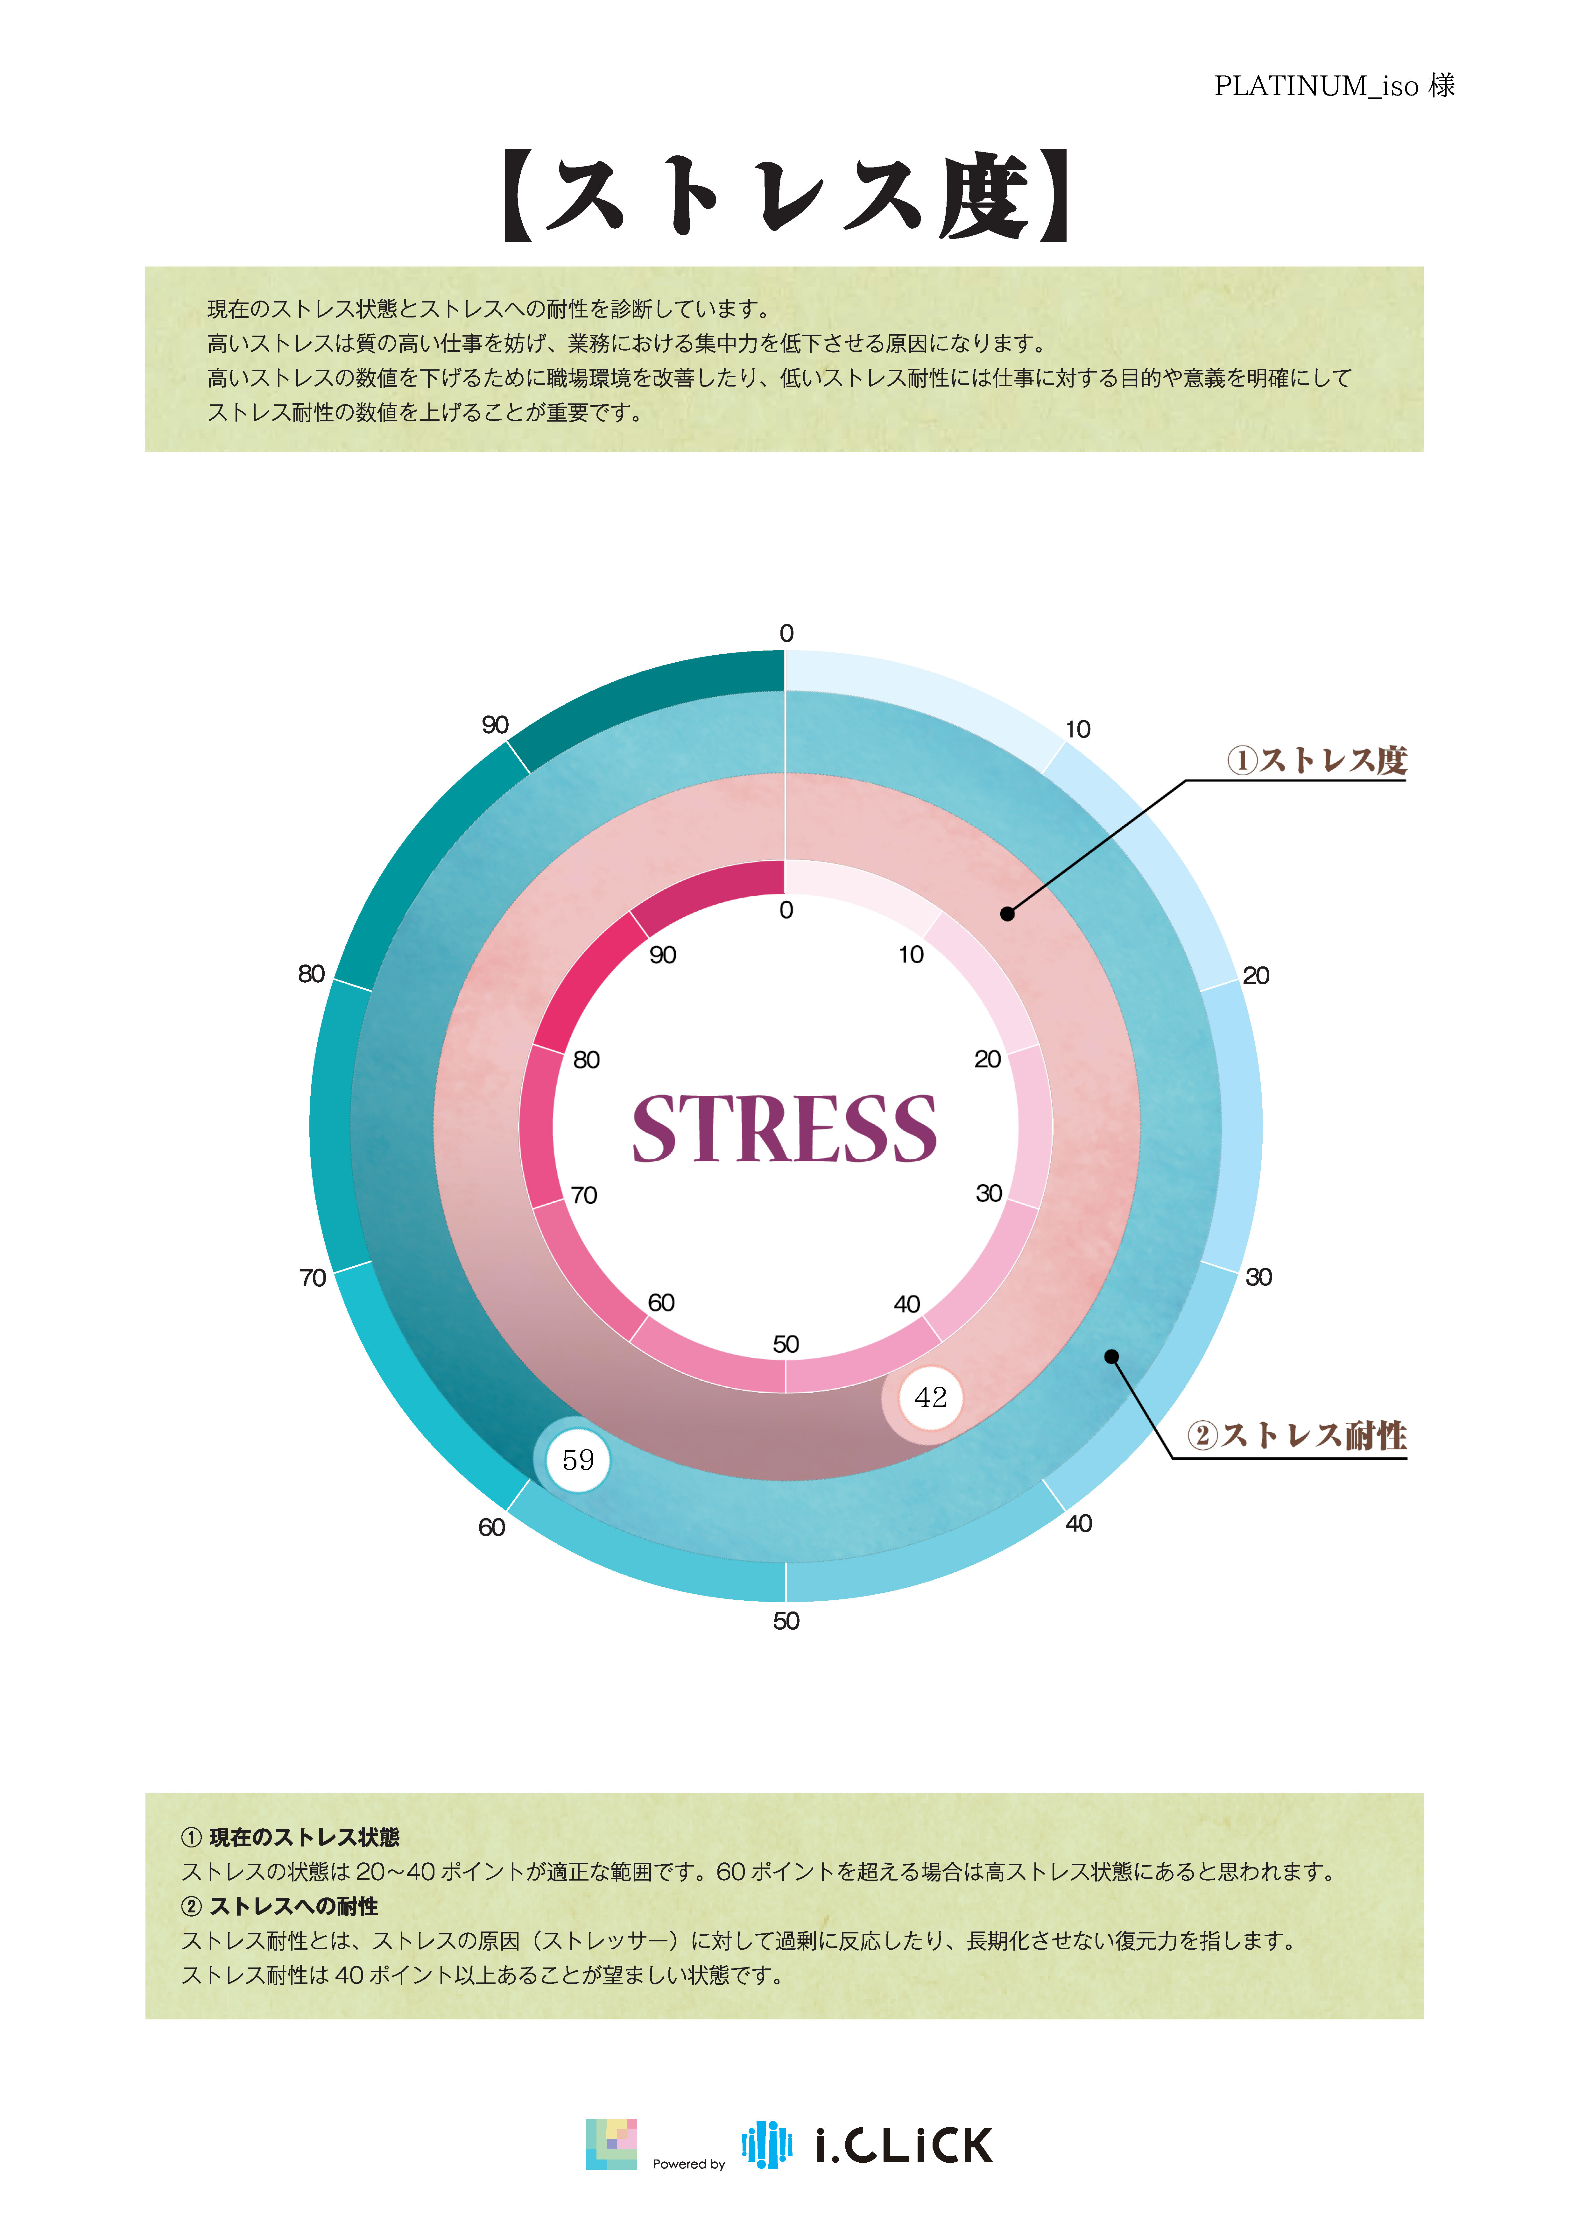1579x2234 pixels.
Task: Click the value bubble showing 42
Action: coord(930,1398)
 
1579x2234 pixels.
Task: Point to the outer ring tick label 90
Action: coord(495,725)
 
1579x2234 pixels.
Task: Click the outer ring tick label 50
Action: coord(786,1621)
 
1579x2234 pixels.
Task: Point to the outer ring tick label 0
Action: coord(786,633)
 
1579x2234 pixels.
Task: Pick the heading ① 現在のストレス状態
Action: coord(291,1837)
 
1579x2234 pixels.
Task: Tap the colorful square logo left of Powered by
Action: coord(611,2145)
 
